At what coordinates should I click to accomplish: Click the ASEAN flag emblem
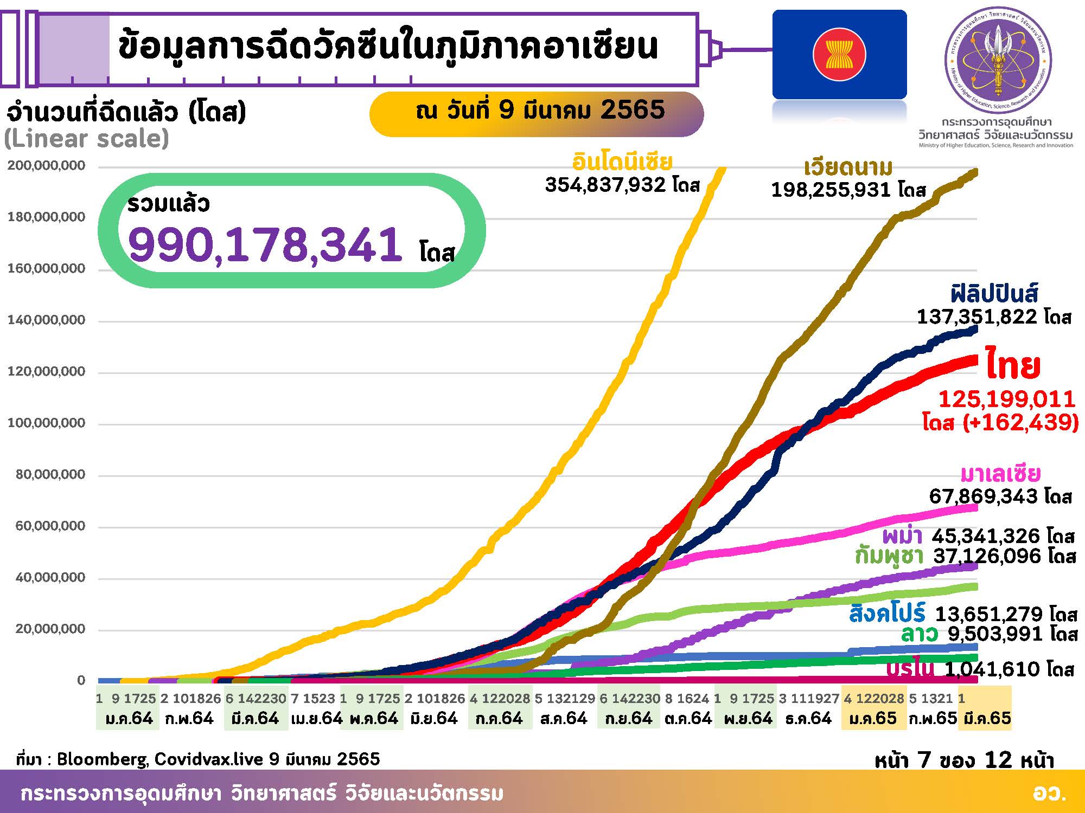[x=839, y=55]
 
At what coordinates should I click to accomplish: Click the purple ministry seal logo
[x=998, y=60]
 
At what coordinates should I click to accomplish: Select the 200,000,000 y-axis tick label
[x=46, y=165]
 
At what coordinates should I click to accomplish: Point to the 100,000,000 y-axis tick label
[x=46, y=423]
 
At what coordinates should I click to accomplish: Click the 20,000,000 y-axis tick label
[x=46, y=629]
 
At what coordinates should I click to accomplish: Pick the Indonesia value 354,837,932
[x=605, y=185]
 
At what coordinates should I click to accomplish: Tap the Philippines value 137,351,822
[x=974, y=317]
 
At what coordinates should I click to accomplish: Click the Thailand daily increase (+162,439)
[x=1020, y=422]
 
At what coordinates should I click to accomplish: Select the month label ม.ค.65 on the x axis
[x=873, y=718]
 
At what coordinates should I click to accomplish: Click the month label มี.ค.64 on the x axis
[x=255, y=718]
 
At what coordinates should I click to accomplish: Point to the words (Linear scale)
[x=87, y=139]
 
